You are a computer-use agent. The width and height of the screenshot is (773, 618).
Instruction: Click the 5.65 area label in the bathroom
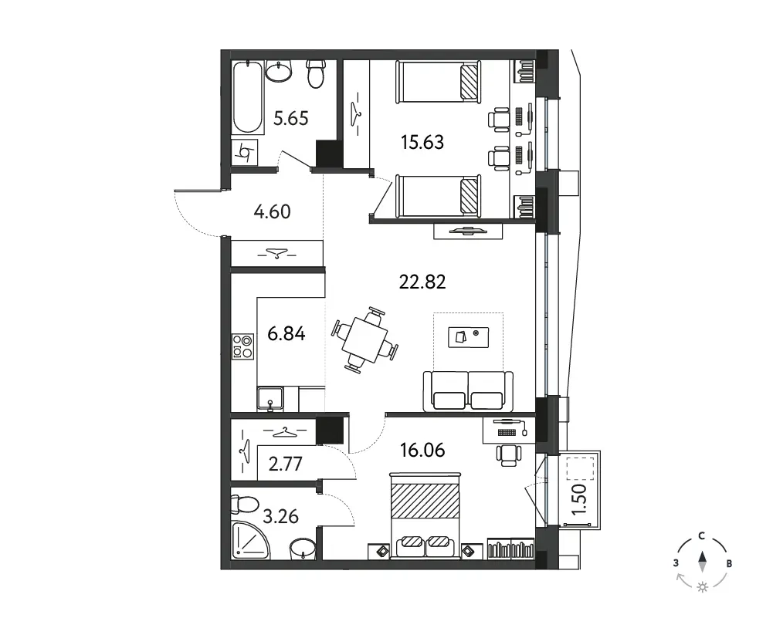pos(291,119)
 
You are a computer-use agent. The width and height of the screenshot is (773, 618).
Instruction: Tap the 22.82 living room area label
pos(422,282)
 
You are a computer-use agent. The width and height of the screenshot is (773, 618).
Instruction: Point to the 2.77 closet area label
pos(286,464)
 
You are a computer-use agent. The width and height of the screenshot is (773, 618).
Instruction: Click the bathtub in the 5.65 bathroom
pos(247,97)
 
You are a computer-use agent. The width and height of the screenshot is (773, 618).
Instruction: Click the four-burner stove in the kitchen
pos(243,346)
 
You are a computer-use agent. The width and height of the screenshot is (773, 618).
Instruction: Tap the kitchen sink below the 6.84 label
pos(270,400)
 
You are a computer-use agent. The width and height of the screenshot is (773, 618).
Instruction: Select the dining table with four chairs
pos(365,339)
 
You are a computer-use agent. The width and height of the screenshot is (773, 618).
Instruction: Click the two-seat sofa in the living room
pos(468,391)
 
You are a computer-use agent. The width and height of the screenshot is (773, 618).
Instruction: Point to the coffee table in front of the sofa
pos(468,337)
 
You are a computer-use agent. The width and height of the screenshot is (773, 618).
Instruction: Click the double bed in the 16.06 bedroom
pos(425,515)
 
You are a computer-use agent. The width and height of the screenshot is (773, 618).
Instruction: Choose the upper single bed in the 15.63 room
pos(438,82)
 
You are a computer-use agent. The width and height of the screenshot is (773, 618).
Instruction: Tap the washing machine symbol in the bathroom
pos(245,153)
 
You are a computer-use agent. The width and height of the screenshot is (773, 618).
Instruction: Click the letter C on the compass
pos(701,536)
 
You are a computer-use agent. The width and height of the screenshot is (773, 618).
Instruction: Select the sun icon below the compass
pos(703,587)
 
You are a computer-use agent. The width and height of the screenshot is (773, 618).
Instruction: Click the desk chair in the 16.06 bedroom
pos(508,454)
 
